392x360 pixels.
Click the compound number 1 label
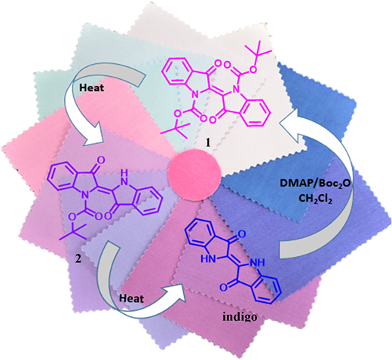click(208, 142)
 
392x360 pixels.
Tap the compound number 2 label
click(78, 258)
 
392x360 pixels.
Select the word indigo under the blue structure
click(240, 317)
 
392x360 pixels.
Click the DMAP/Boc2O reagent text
click(315, 184)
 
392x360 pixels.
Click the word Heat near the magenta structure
click(91, 87)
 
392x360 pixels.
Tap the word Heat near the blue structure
click(131, 298)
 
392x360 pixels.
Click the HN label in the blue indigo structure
click(209, 259)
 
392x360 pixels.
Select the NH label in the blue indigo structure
click(257, 263)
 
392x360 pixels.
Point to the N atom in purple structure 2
click(84, 194)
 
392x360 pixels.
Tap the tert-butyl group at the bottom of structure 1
click(174, 130)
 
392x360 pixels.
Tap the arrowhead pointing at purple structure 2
click(95, 135)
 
